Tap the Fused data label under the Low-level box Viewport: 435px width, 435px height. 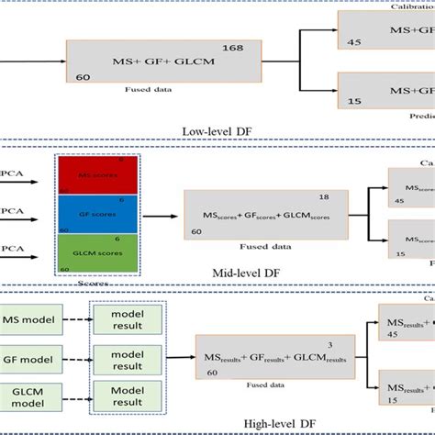pyautogui.click(x=147, y=92)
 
